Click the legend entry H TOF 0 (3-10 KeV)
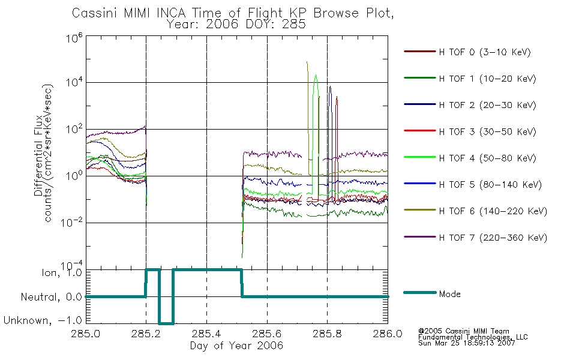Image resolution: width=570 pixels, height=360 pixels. [x=485, y=52]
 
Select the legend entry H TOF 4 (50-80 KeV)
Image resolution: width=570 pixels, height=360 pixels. [x=487, y=158]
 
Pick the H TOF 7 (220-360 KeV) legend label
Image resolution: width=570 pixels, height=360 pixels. [x=493, y=238]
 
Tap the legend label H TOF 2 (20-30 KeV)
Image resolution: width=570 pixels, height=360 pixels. [x=487, y=105]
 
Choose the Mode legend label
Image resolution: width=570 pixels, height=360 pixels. [x=449, y=294]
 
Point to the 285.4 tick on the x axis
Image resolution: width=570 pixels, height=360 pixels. [x=206, y=334]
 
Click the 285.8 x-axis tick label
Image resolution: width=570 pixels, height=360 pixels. [x=327, y=334]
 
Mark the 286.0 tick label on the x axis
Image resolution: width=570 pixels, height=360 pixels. [x=388, y=334]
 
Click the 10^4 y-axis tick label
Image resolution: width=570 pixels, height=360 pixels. [x=74, y=82]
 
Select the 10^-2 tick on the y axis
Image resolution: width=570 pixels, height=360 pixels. [x=72, y=221]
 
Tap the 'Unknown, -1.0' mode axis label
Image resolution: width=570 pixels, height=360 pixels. [x=43, y=320]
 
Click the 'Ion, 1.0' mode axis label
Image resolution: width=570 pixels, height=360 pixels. [x=62, y=272]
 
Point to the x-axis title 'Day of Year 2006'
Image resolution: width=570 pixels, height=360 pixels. [x=236, y=346]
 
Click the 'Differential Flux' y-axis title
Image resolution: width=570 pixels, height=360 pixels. [x=38, y=156]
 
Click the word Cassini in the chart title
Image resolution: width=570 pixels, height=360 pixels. [x=95, y=13]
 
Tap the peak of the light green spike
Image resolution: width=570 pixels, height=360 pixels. [x=316, y=75]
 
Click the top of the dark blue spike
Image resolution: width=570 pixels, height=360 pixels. [x=330, y=86]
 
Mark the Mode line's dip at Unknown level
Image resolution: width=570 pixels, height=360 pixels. [x=166, y=323]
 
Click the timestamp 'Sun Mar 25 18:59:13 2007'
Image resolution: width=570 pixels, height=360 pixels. [x=467, y=343]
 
